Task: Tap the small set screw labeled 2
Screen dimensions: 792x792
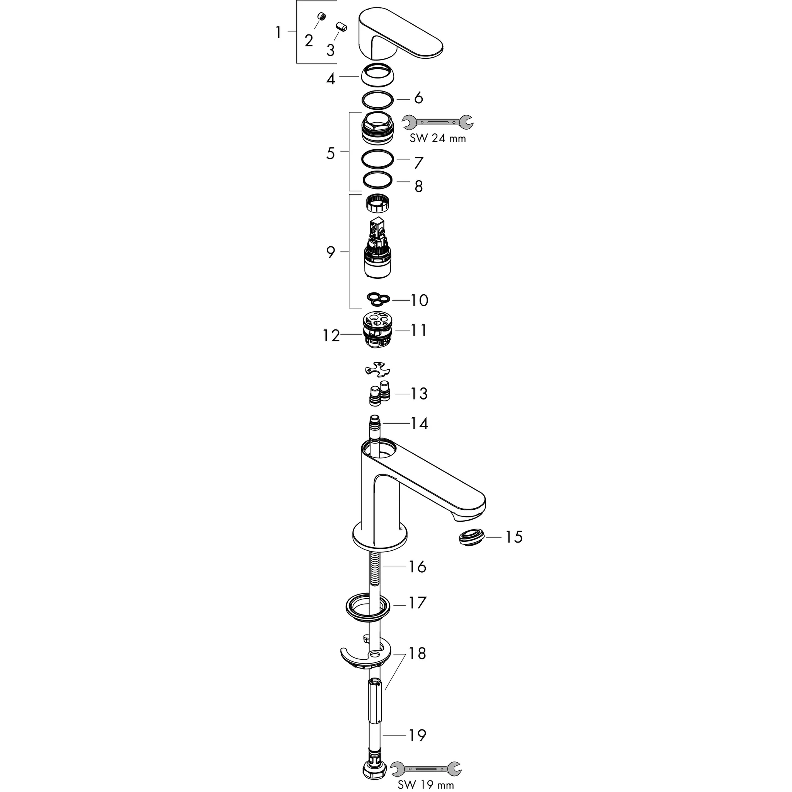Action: pos(322,16)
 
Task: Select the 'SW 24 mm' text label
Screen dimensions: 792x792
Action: pos(437,138)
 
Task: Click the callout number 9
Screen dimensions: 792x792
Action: pos(330,252)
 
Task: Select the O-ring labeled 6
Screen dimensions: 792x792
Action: pos(378,98)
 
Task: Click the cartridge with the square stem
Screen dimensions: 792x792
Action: pos(377,250)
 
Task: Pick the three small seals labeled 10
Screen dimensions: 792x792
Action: pos(378,300)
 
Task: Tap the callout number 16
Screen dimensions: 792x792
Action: pos(417,567)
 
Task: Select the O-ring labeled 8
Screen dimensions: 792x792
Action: pos(378,179)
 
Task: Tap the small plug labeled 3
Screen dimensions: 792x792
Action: pos(341,27)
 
